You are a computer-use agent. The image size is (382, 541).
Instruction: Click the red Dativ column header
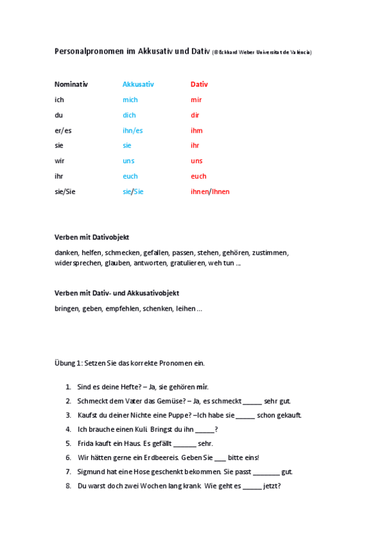click(x=199, y=84)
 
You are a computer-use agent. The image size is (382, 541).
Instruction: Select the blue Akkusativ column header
click(x=138, y=84)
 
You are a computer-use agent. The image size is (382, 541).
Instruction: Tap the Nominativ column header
click(x=71, y=84)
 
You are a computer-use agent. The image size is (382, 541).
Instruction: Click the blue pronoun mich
click(x=130, y=100)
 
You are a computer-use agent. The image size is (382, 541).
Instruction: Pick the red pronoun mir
click(x=196, y=100)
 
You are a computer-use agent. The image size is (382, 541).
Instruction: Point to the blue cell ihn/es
click(x=133, y=130)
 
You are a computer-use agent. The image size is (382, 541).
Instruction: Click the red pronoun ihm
click(x=196, y=130)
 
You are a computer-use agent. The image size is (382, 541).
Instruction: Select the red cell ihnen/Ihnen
click(x=210, y=191)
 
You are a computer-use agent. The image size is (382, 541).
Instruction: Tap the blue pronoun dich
click(x=129, y=115)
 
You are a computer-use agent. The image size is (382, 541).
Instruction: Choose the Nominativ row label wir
click(x=59, y=161)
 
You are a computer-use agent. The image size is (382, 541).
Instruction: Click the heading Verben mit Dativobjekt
click(x=92, y=237)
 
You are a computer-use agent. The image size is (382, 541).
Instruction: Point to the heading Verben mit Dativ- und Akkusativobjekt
click(x=117, y=293)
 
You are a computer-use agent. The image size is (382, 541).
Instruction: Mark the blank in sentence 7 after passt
click(x=267, y=472)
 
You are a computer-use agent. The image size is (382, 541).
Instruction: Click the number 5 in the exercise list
click(x=68, y=443)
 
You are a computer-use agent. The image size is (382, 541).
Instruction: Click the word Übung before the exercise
click(x=65, y=363)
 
